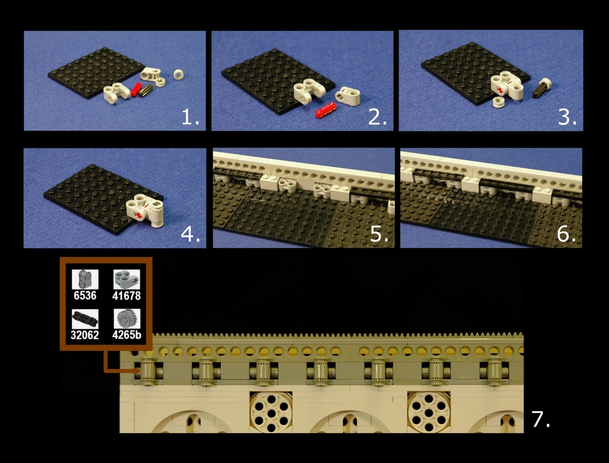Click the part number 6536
[x=84, y=295]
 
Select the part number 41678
[x=126, y=296]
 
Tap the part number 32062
[x=84, y=334]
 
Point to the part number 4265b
[x=127, y=334]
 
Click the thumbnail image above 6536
[x=85, y=279]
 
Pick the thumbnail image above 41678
[x=127, y=279]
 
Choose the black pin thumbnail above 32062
[x=85, y=319]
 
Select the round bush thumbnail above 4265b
[x=127, y=319]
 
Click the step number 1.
[x=190, y=117]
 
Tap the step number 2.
[x=378, y=117]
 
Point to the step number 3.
[x=567, y=117]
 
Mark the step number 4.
[x=191, y=234]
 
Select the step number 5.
[x=379, y=234]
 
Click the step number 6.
[x=566, y=234]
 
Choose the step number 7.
[x=541, y=419]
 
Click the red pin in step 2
[x=326, y=110]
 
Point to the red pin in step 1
[x=137, y=89]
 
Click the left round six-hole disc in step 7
[x=271, y=412]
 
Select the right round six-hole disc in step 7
[x=429, y=412]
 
